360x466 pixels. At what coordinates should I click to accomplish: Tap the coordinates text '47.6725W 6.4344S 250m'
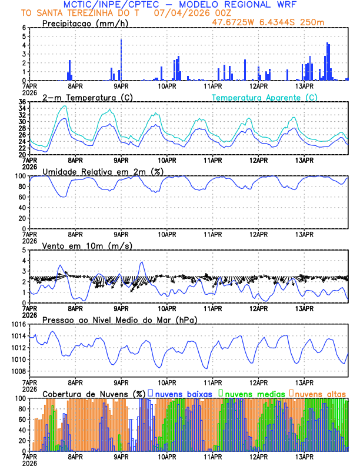click(x=276, y=22)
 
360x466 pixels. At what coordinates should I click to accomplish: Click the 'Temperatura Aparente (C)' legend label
click(x=264, y=97)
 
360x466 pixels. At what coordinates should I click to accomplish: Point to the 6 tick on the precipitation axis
click(x=24, y=28)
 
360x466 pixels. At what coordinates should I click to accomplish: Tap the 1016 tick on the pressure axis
click(x=18, y=324)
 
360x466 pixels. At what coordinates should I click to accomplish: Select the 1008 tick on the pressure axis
click(x=18, y=371)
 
